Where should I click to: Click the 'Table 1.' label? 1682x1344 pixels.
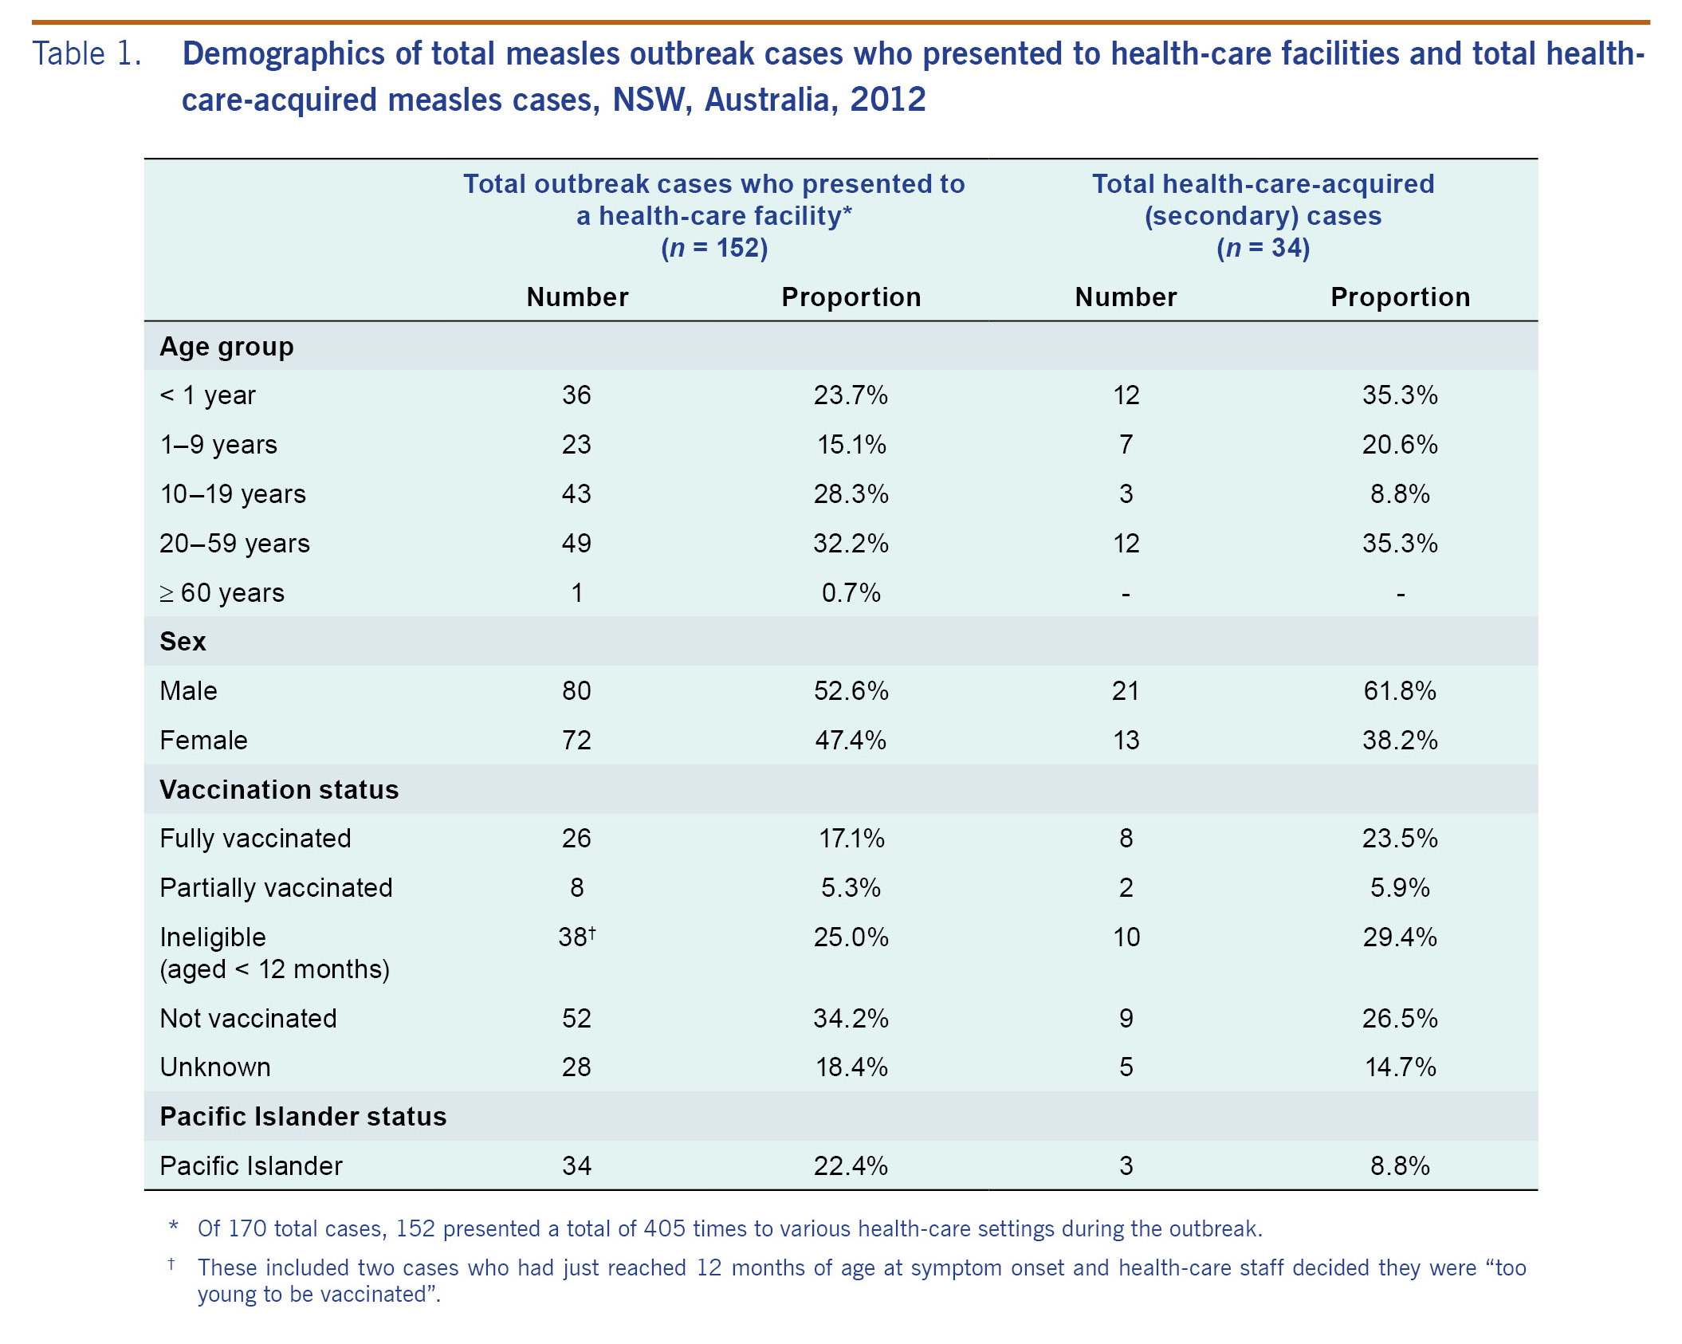click(87, 54)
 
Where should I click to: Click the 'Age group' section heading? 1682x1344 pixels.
click(226, 347)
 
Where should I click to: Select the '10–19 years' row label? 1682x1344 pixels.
click(233, 494)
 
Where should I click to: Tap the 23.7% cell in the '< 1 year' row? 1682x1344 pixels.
click(851, 395)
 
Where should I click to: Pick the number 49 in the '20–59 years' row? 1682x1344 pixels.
click(576, 544)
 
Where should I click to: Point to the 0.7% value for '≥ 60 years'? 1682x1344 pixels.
click(851, 593)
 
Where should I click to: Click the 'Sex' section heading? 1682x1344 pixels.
click(183, 642)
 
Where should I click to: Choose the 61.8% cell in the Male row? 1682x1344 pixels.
click(1400, 691)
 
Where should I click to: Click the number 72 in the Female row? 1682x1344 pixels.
click(576, 741)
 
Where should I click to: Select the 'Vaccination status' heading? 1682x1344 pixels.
click(279, 790)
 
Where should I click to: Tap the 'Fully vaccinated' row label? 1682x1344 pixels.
click(255, 839)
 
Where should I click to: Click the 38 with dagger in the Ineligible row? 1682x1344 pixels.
click(576, 937)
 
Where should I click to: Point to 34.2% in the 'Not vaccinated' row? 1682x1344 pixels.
click(851, 1019)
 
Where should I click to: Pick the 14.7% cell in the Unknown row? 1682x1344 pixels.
click(1400, 1067)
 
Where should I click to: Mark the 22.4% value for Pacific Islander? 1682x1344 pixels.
click(851, 1166)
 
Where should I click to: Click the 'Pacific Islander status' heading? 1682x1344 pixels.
click(303, 1117)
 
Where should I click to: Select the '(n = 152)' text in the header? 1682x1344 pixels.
click(714, 248)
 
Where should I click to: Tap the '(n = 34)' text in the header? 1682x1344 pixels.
click(1263, 248)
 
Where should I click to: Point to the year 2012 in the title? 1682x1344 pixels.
click(887, 100)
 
